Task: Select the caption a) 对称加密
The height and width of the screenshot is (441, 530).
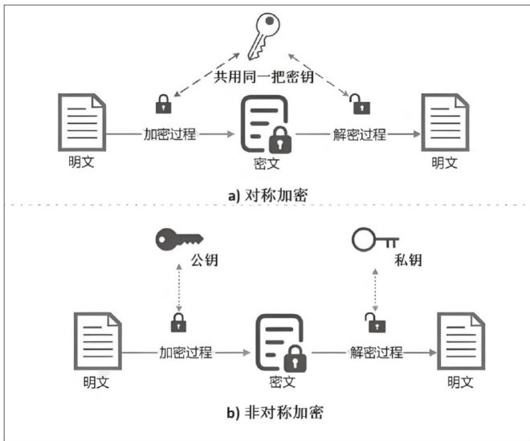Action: coord(264,194)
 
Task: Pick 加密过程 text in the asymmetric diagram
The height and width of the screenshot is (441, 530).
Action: coord(186,352)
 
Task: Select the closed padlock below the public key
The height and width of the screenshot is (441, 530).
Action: coord(177,322)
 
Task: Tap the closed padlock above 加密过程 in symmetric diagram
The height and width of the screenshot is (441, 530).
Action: coord(164,104)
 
